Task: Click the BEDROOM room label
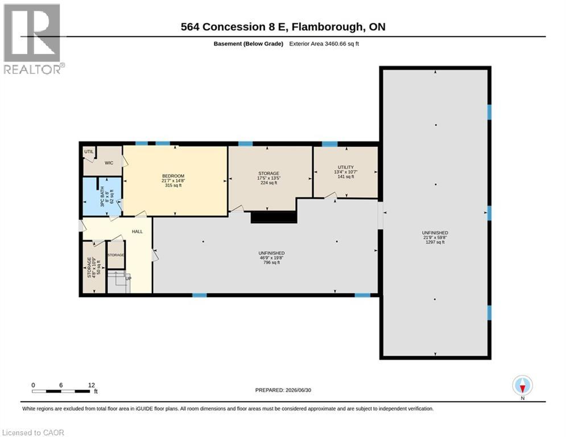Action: click(173, 176)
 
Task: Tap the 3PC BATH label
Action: click(102, 197)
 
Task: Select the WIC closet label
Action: click(109, 163)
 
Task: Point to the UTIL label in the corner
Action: click(89, 152)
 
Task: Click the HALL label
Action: click(137, 232)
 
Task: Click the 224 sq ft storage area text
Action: click(269, 183)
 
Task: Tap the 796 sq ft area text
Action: click(271, 262)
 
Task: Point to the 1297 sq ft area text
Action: click(435, 242)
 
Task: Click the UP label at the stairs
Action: click(129, 278)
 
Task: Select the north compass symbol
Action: click(522, 386)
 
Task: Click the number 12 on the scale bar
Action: click(92, 385)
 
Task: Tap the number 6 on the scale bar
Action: click(61, 385)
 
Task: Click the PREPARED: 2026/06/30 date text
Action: click(283, 390)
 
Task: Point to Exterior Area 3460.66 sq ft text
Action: click(324, 44)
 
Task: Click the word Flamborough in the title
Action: click(327, 27)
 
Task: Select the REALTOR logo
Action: click(34, 39)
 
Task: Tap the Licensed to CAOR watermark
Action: click(33, 432)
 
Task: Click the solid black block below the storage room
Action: click(274, 217)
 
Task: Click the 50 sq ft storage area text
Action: click(98, 267)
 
